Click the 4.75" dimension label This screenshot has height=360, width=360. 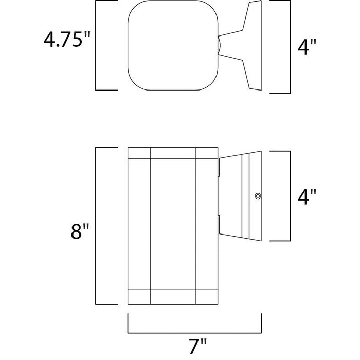pos(67,40)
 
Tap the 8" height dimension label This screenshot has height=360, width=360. pos(80,231)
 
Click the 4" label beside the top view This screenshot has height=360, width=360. pos(307,47)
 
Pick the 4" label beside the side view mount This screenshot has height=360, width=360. pos(307,196)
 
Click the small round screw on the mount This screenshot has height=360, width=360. pos(258,196)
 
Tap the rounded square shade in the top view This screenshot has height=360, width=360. pos(173,45)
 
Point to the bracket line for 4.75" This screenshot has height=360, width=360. pos(96,45)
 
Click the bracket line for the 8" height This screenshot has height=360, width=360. pos(96,226)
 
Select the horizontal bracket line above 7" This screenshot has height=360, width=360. pos(195,332)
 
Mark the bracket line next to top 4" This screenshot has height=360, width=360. pos(291,47)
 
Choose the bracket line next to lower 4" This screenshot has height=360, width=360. pos(291,196)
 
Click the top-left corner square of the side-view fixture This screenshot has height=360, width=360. pos(139,153)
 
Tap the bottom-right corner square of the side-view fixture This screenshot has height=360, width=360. pos(207,297)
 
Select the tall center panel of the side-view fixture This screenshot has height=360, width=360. pos(173,224)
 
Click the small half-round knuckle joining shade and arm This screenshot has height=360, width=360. pos(219,45)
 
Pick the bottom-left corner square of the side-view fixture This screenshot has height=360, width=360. pos(139,297)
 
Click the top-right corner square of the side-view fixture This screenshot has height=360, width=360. pos(207,153)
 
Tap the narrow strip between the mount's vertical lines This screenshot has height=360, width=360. pos(246,196)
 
